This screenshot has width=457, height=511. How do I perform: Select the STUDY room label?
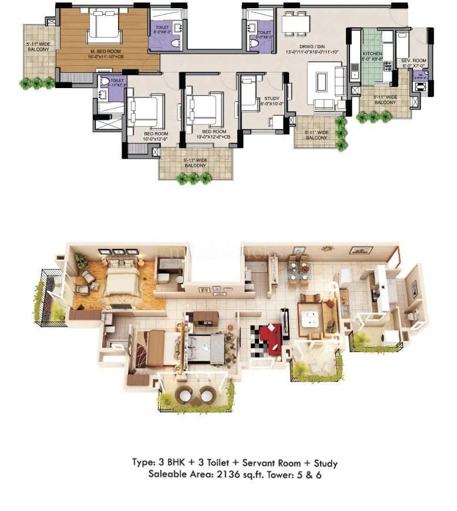[272, 99]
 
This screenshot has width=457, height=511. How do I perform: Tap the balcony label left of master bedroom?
[38, 46]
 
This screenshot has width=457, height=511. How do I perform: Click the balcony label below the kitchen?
[385, 99]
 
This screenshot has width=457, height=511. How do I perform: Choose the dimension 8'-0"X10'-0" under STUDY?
[272, 105]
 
